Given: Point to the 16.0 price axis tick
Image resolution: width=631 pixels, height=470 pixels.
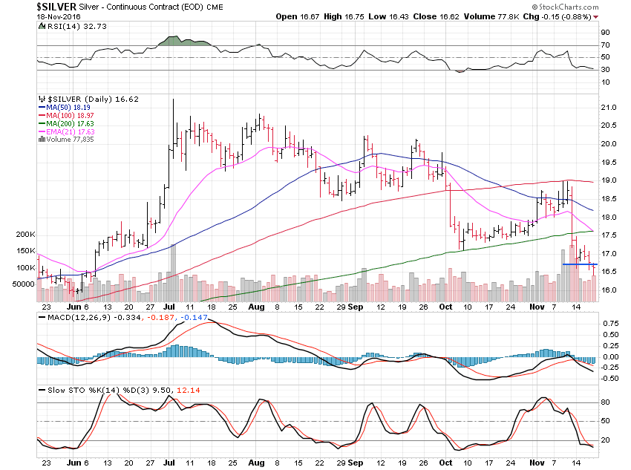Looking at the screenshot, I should (x=609, y=290).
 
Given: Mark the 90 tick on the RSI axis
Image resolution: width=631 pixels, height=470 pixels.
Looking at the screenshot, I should (x=605, y=32).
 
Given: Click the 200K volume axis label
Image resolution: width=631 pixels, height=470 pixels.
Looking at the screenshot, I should (x=24, y=235).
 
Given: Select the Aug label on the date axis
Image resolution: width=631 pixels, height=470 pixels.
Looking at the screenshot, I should (x=255, y=307).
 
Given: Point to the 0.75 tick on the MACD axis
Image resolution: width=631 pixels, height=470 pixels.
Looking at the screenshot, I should (x=609, y=324).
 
